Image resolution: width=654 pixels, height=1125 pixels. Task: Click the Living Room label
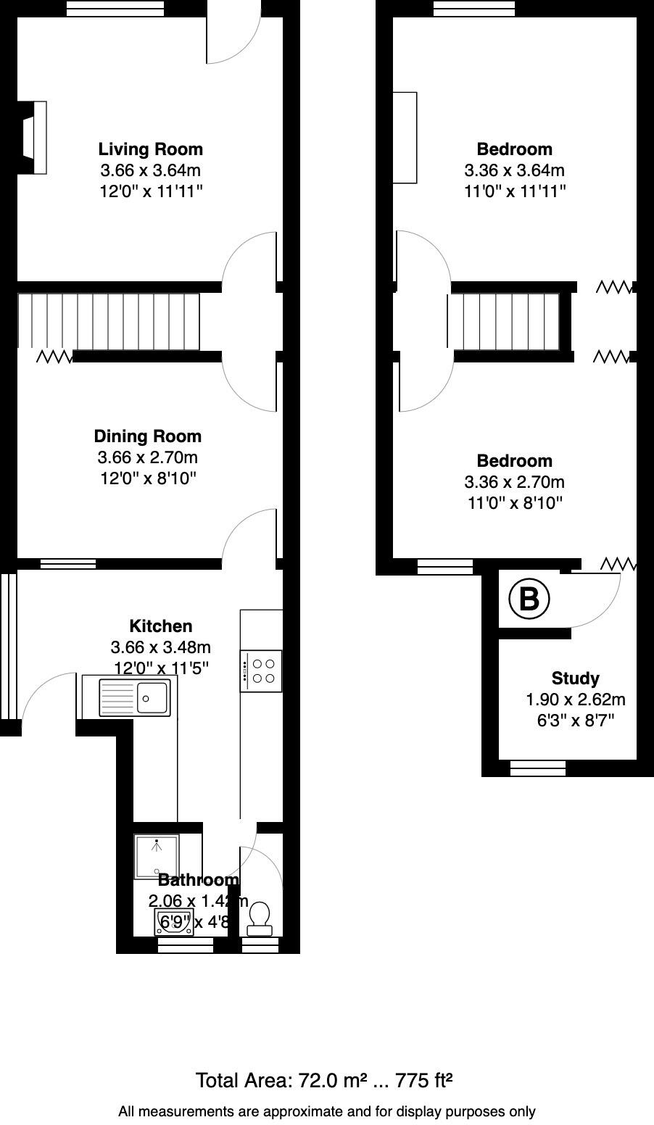click(150, 149)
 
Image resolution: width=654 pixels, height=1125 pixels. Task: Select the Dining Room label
click(147, 436)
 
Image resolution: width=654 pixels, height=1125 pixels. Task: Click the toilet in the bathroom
click(260, 918)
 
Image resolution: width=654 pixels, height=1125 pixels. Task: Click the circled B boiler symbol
click(529, 599)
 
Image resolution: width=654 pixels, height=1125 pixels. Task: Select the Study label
click(575, 678)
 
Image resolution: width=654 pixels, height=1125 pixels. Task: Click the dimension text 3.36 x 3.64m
click(514, 171)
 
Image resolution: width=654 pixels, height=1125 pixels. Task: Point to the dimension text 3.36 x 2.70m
click(514, 482)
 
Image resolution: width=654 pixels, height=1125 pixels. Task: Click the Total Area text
click(324, 1081)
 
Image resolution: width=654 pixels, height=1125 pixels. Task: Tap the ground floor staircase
click(109, 322)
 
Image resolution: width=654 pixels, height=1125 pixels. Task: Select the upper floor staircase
click(503, 322)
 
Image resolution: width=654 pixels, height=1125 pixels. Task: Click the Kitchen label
click(160, 626)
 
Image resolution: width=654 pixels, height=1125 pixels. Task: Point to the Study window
click(537, 768)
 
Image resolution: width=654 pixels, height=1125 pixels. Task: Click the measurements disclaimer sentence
click(326, 1111)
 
